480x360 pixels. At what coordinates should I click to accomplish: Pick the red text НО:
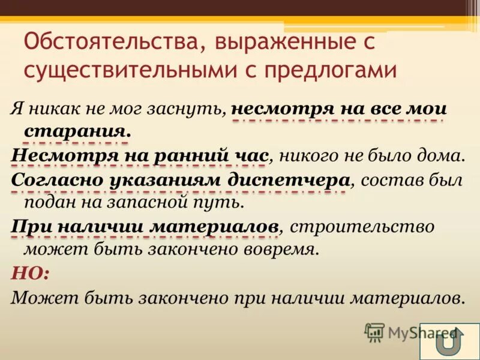click(x=31, y=272)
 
